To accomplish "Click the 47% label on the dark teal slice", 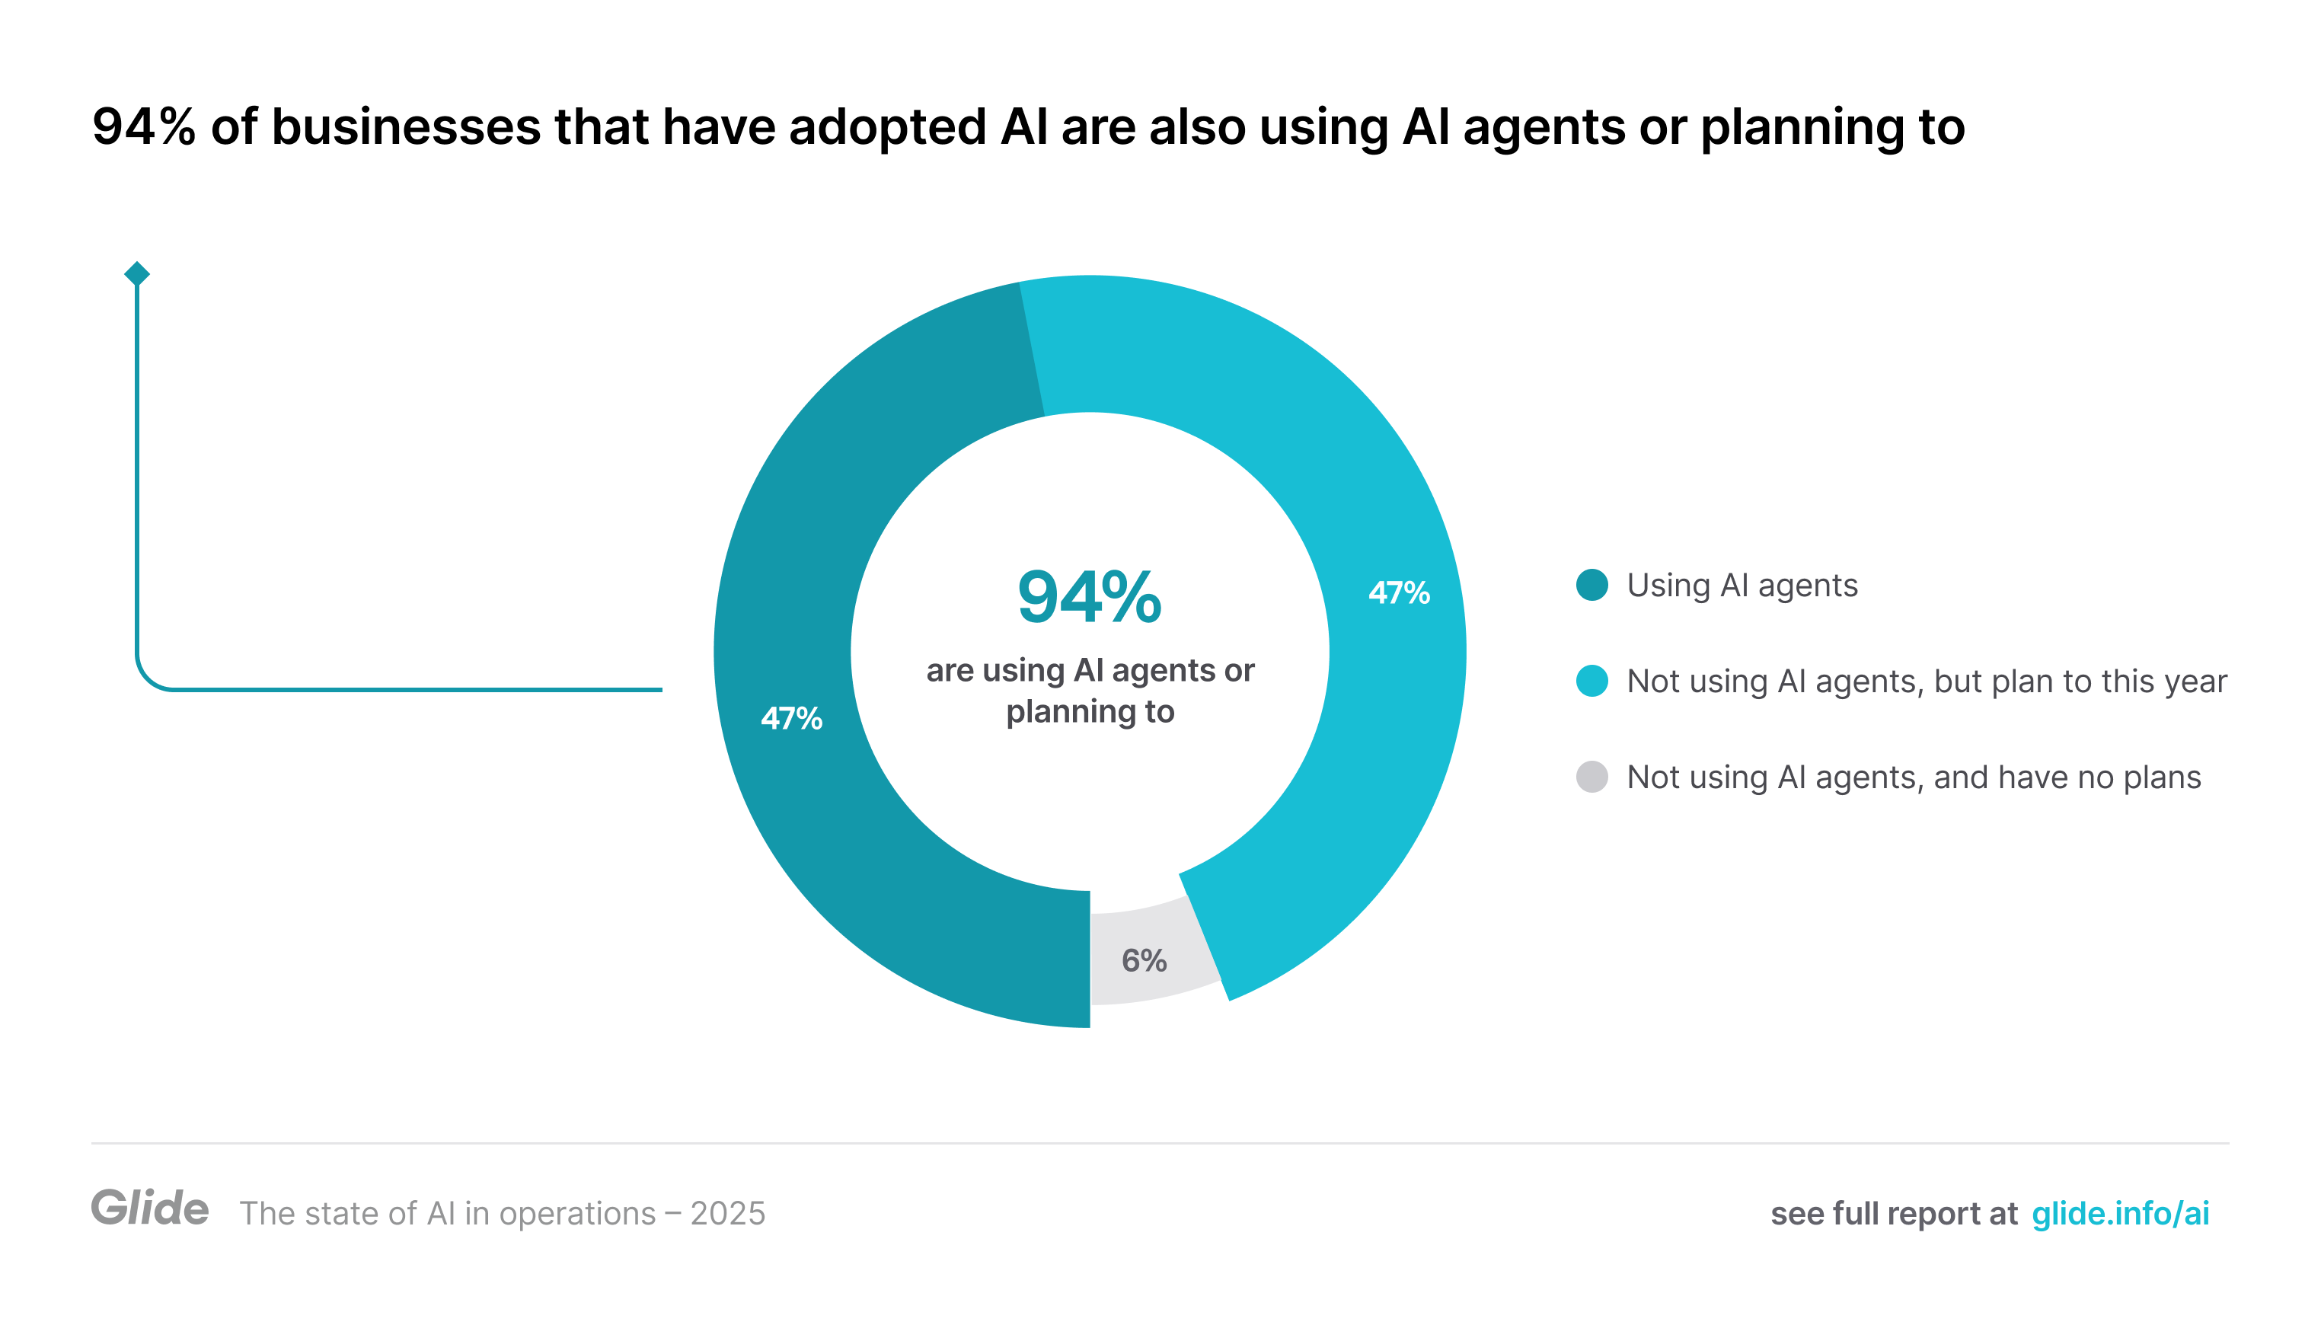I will point(790,718).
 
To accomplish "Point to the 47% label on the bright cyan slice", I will point(1398,593).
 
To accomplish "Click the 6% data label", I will point(1144,960).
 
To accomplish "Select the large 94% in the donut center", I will point(1089,598).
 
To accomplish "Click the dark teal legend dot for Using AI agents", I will point(1591,585).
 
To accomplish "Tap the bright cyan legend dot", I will point(1591,681).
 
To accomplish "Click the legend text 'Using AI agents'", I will point(1742,585).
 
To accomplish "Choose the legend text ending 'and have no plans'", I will point(1914,777).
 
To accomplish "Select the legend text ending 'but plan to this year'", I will point(1926,681).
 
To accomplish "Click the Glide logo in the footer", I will point(150,1208).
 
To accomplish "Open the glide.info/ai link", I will point(2120,1213).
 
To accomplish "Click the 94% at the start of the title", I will point(144,126).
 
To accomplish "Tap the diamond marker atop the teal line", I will point(136,273).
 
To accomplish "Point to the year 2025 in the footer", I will point(728,1213).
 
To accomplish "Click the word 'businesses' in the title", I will point(406,126).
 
